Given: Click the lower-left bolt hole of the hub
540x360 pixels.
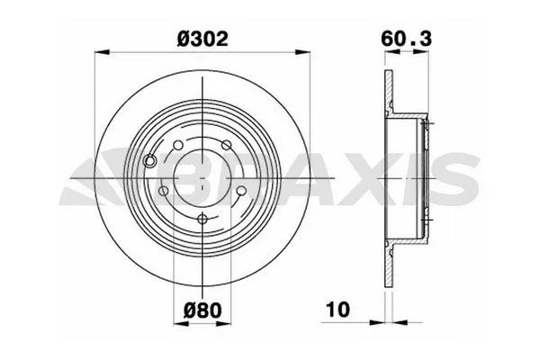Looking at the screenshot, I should pos(163,191).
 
